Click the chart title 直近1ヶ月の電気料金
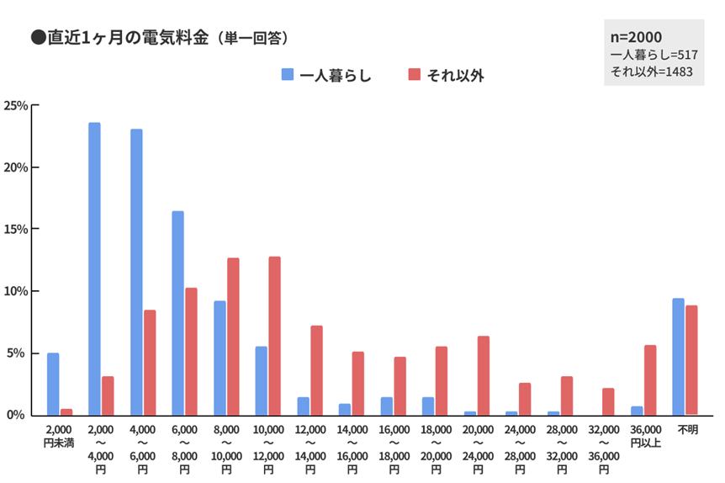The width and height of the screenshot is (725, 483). (x=126, y=38)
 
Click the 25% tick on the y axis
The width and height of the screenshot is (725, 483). (x=17, y=105)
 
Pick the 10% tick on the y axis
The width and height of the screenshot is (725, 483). (x=17, y=291)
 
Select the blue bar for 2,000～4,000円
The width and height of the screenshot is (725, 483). (x=94, y=268)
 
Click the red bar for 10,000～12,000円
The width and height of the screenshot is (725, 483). (x=274, y=336)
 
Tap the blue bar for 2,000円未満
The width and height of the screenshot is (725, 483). (x=53, y=384)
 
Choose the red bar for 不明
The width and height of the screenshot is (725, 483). (x=691, y=360)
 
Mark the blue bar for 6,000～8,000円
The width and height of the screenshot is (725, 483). (x=177, y=313)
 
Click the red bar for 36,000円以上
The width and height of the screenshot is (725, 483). (x=649, y=379)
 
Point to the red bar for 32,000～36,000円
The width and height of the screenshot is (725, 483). (x=608, y=401)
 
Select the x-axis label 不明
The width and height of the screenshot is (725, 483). (x=685, y=430)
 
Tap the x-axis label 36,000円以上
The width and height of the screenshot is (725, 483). (x=643, y=435)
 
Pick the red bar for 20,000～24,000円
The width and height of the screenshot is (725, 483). (x=483, y=375)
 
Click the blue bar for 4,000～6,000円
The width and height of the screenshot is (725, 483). (x=136, y=272)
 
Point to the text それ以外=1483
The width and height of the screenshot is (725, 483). (x=651, y=72)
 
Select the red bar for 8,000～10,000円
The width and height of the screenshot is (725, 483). (x=233, y=337)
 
